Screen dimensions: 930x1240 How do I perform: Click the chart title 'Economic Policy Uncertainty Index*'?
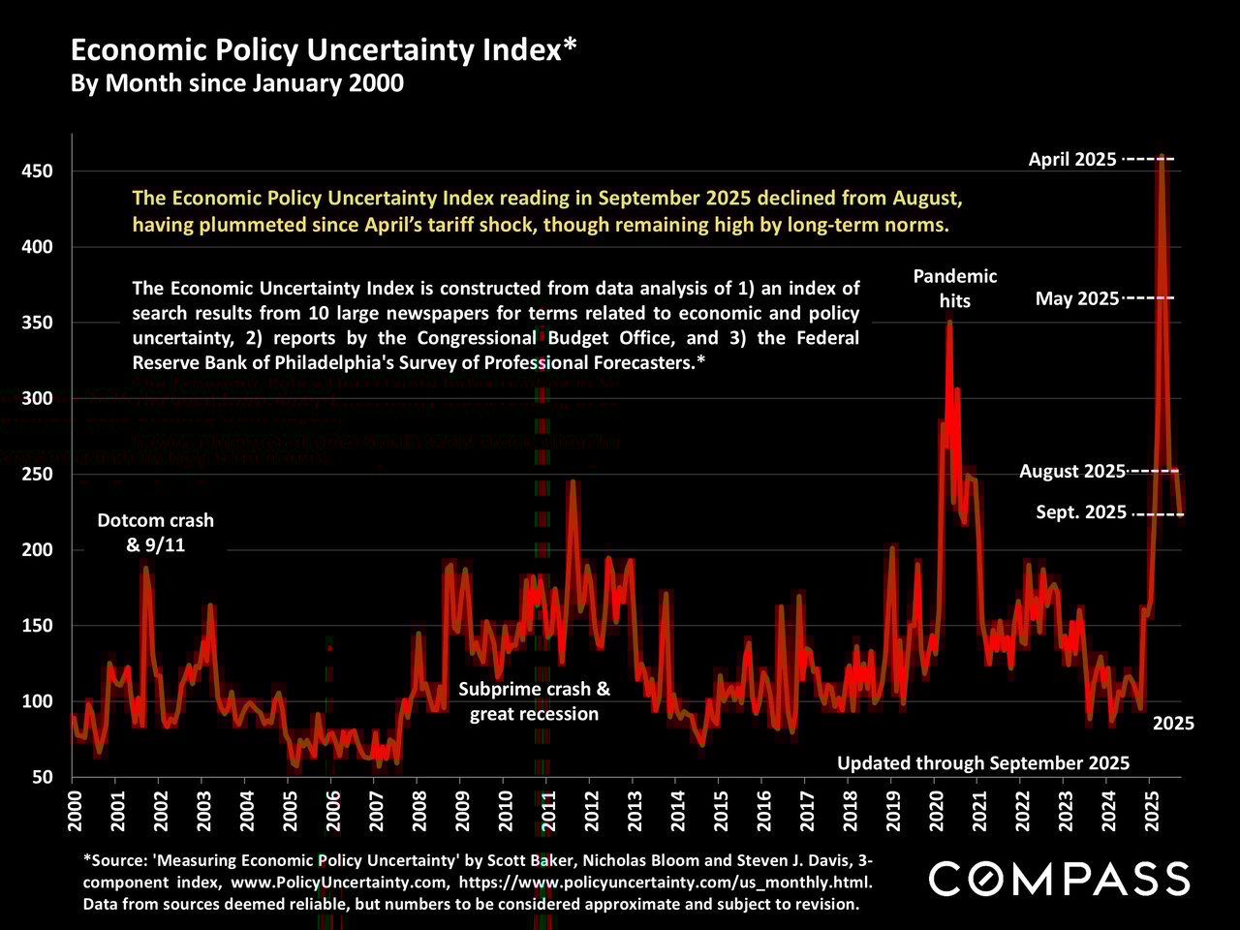pos(325,50)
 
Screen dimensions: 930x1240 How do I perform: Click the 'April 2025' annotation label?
pos(1072,160)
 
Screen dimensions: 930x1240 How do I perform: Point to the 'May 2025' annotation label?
pos(1077,298)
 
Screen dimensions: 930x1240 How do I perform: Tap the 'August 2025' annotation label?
pos(1072,472)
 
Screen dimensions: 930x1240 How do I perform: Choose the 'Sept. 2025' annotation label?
pos(1081,512)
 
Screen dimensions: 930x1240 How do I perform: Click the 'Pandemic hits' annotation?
pos(954,289)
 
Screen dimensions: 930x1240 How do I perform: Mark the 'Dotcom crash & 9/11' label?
pos(156,533)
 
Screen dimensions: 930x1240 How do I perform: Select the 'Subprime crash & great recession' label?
pos(535,701)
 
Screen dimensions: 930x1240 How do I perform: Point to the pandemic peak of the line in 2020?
pos(949,321)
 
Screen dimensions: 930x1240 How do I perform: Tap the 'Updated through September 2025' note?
pos(983,763)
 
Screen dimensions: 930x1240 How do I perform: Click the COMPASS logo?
pos(1059,879)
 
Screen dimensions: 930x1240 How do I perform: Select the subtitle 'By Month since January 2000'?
pos(237,83)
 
